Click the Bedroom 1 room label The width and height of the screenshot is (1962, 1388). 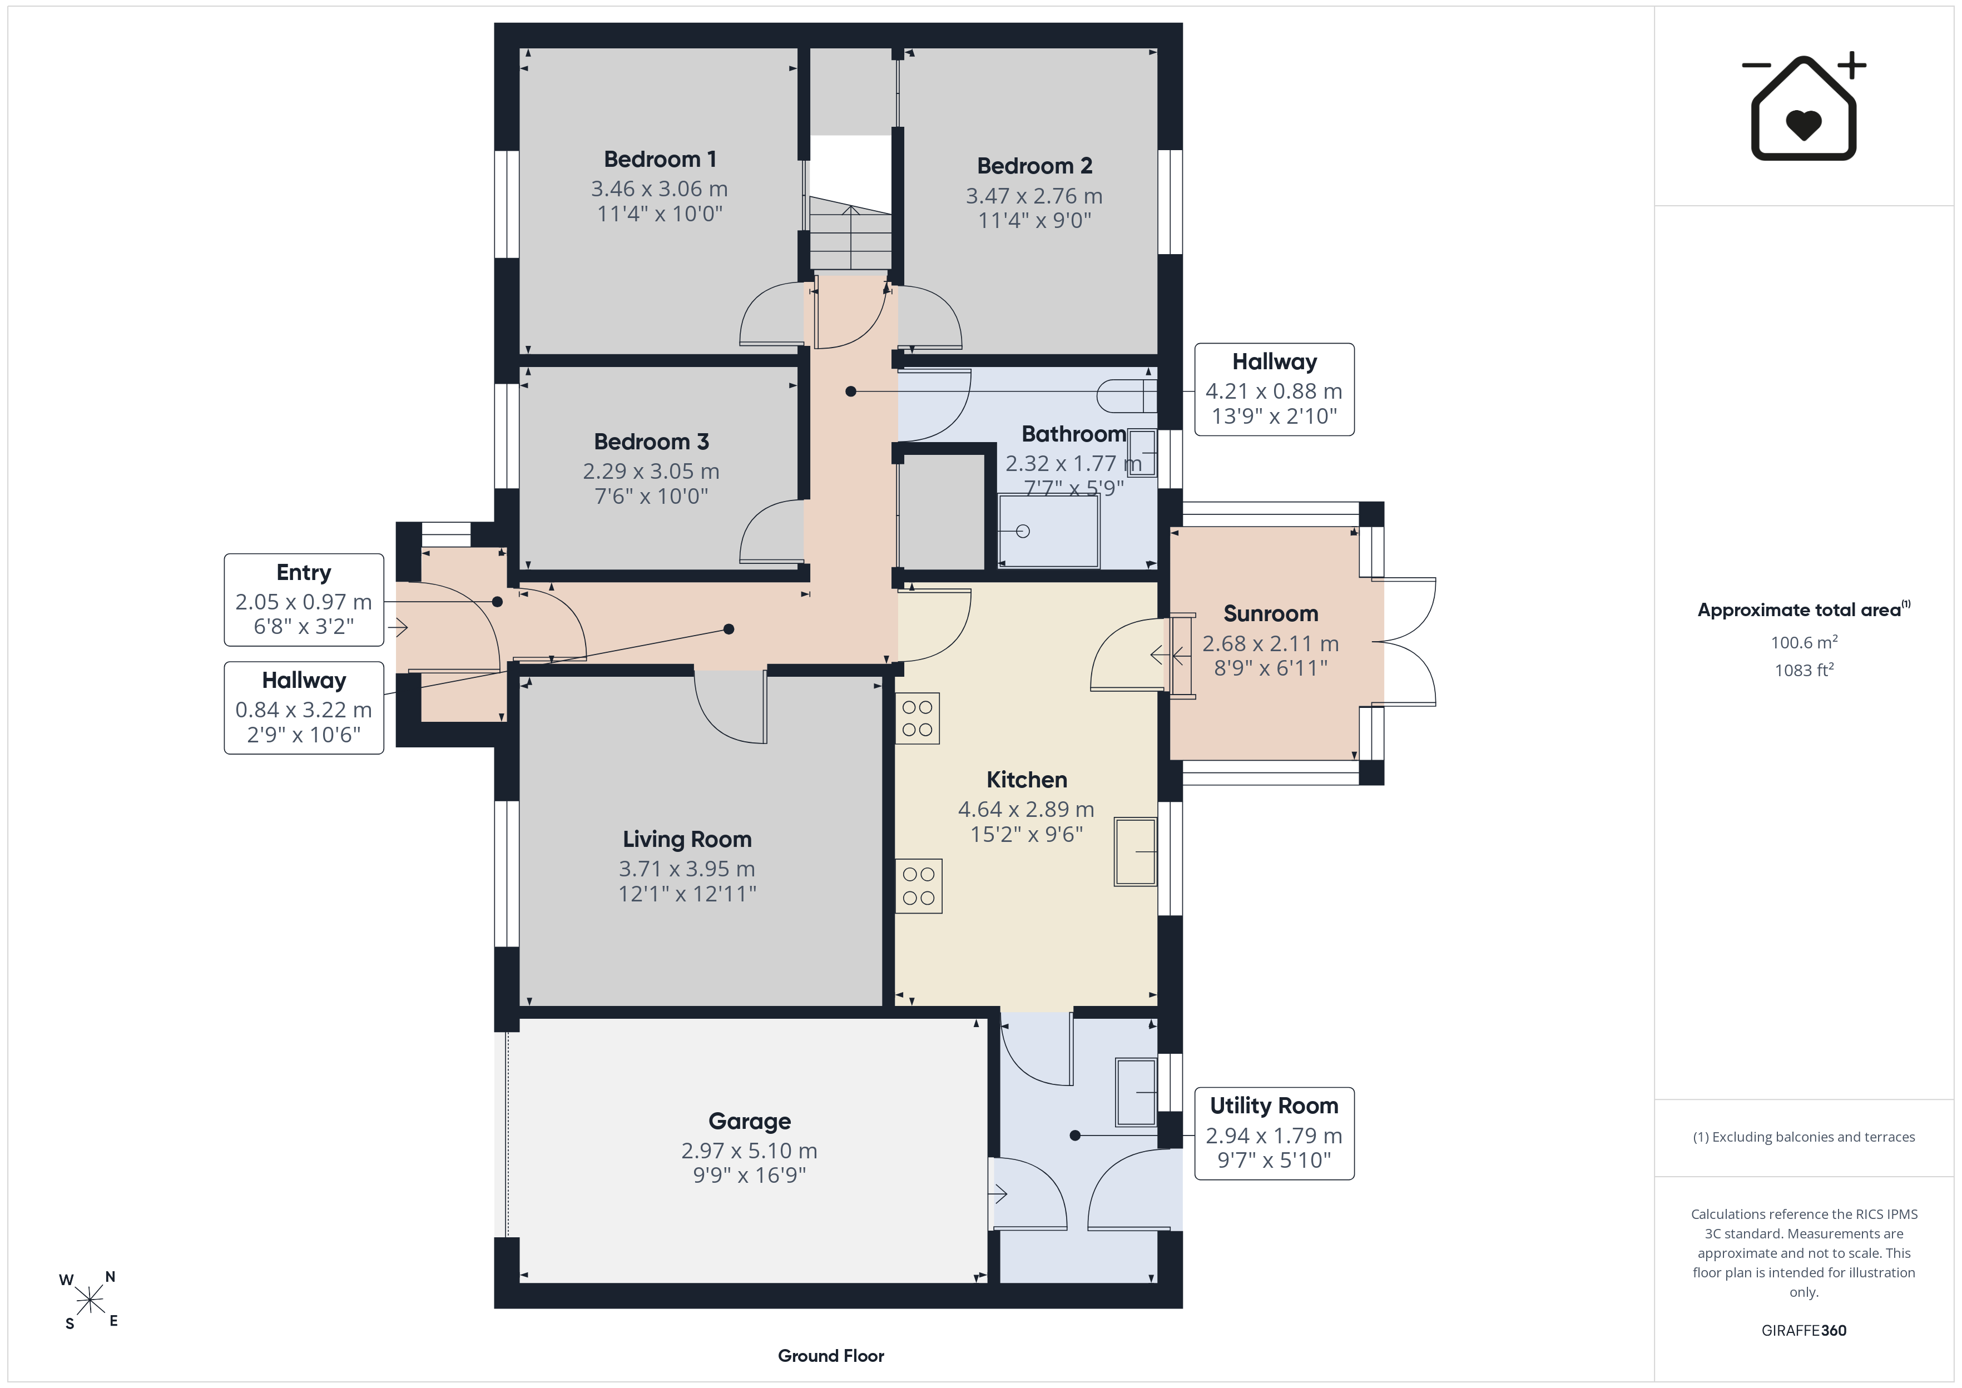click(660, 159)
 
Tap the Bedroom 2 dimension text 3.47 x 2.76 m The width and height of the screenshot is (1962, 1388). click(1034, 196)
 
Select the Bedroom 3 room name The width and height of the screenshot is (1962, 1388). click(651, 442)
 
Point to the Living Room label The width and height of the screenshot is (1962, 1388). click(687, 839)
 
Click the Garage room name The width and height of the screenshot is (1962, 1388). click(750, 1121)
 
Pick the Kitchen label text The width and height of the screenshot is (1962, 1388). click(1026, 780)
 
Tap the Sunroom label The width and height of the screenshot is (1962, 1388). click(1271, 614)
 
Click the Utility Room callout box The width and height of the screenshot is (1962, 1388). click(1274, 1133)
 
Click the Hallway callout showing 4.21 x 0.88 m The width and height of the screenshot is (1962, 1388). click(1274, 390)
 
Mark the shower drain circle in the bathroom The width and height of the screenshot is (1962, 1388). click(1023, 532)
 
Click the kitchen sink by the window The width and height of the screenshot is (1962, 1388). click(1136, 851)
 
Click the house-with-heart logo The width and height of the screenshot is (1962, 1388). click(1804, 107)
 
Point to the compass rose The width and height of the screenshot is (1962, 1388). click(89, 1301)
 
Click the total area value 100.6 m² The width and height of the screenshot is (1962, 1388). click(1804, 641)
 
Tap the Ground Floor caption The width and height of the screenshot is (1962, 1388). click(831, 1356)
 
